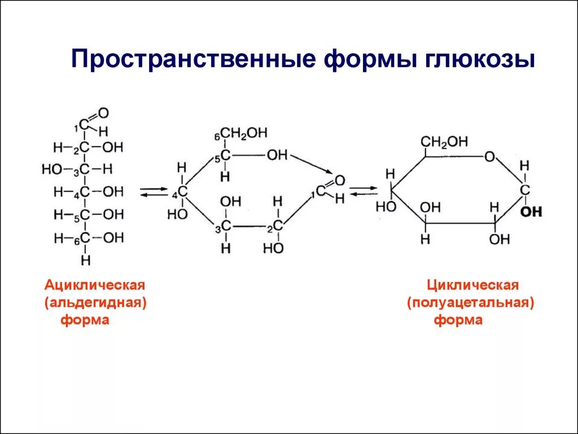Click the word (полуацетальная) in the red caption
[x=471, y=303]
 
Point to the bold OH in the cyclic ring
[x=531, y=212]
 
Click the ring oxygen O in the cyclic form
[x=489, y=157]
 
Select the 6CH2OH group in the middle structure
[x=243, y=133]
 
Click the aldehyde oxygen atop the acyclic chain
[x=103, y=113]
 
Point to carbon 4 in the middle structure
[x=182, y=192]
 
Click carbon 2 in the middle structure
[x=277, y=226]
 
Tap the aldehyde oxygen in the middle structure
[x=339, y=181]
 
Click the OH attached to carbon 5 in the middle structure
[x=277, y=155]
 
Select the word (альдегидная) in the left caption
[x=95, y=303]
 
